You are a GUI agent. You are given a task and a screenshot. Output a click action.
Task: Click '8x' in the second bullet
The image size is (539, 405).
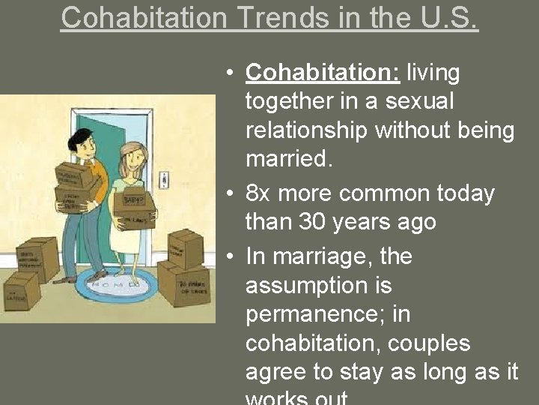click(x=258, y=193)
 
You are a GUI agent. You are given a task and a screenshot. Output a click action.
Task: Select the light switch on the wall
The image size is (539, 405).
click(x=165, y=179)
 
